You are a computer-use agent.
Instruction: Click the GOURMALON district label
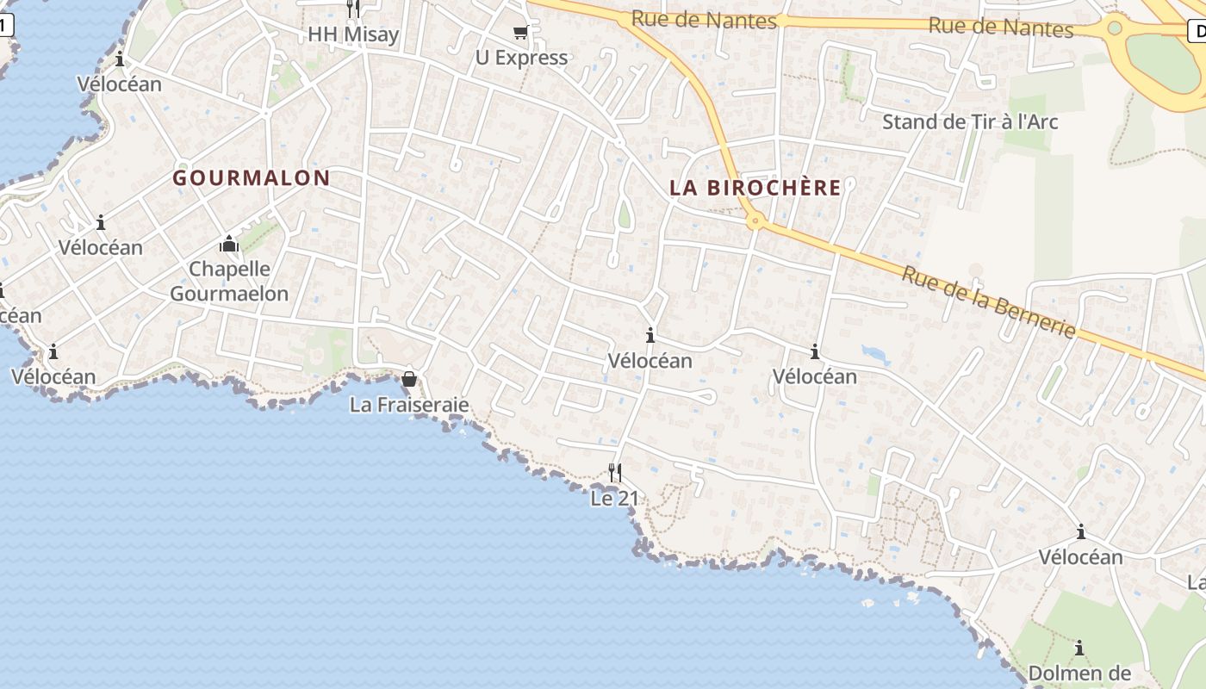click(x=251, y=178)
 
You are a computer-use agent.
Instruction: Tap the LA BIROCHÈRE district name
click(x=755, y=188)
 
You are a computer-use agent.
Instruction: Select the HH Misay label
click(x=353, y=34)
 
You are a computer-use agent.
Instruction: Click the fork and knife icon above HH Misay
click(x=353, y=9)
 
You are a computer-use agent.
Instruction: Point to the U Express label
click(x=521, y=58)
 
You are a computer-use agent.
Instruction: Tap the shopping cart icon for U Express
click(x=520, y=33)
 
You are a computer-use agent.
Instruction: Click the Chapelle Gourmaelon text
click(x=229, y=281)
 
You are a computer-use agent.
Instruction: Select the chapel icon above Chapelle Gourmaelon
click(x=229, y=245)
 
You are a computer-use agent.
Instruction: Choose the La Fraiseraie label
click(x=409, y=404)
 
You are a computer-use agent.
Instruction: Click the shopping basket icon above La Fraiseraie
click(x=409, y=379)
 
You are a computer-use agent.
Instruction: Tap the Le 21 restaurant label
click(x=615, y=498)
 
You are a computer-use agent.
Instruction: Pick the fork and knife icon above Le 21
click(x=615, y=472)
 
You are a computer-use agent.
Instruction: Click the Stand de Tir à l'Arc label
click(x=969, y=121)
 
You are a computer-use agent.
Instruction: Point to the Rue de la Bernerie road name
click(x=989, y=301)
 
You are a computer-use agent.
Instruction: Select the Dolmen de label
click(x=1079, y=673)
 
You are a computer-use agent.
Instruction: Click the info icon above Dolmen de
click(x=1079, y=648)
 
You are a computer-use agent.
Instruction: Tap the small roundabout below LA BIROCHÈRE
click(x=756, y=221)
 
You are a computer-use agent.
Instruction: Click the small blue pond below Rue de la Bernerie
click(x=875, y=354)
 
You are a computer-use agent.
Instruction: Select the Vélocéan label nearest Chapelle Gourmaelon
click(x=101, y=247)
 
